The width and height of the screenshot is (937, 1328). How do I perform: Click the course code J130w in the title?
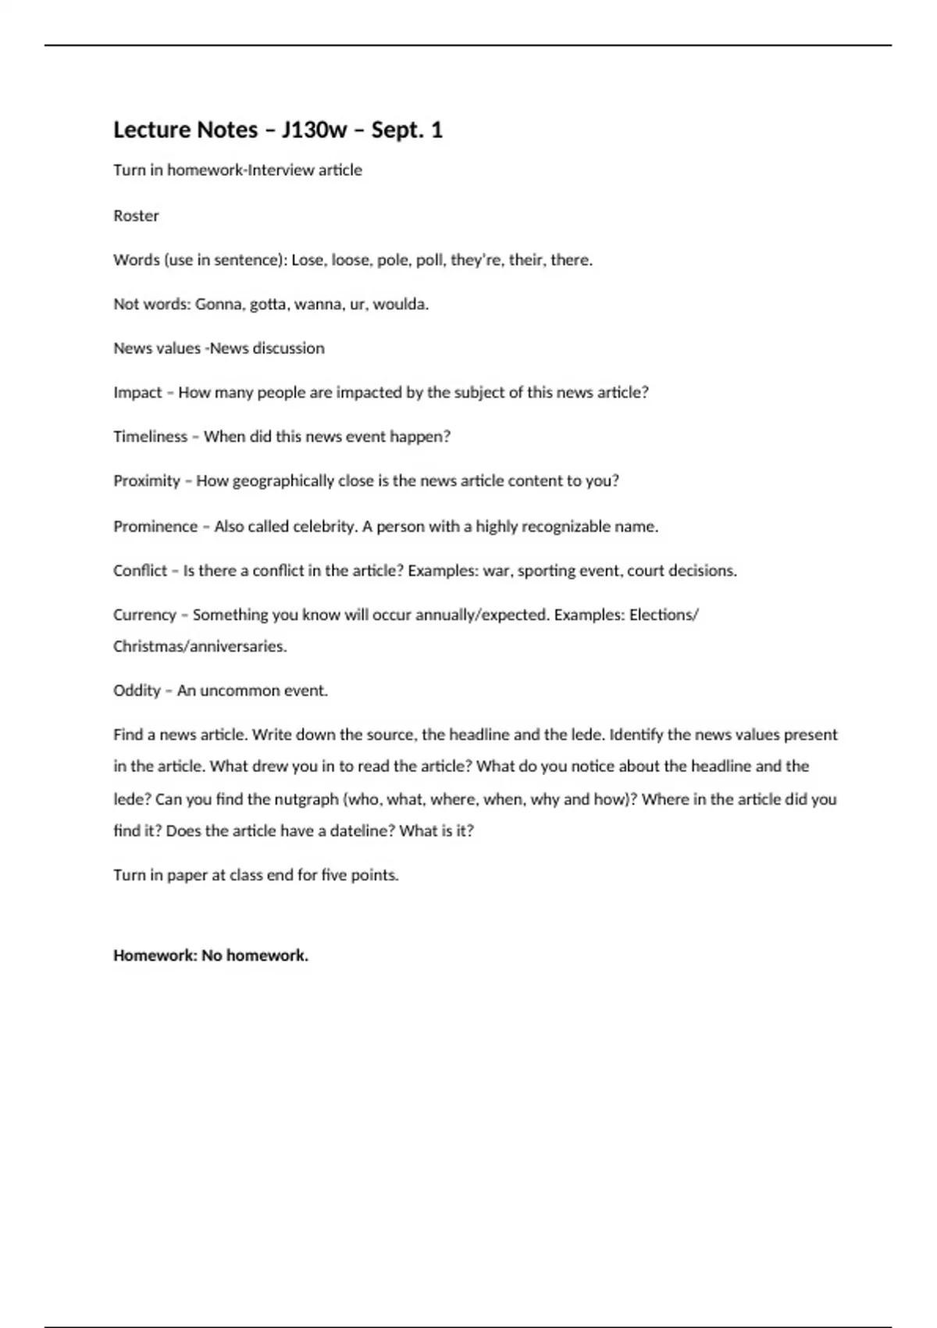click(x=314, y=130)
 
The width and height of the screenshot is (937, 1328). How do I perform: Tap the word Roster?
click(x=136, y=216)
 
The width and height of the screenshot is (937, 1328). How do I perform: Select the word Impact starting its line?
click(x=137, y=392)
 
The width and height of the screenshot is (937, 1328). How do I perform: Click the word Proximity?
click(x=147, y=481)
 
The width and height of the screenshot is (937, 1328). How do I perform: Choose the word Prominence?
click(x=155, y=527)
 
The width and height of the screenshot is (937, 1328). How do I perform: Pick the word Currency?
click(x=144, y=615)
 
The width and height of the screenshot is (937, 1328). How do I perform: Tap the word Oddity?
click(x=137, y=691)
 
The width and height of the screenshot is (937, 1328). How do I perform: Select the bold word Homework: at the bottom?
click(x=155, y=955)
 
